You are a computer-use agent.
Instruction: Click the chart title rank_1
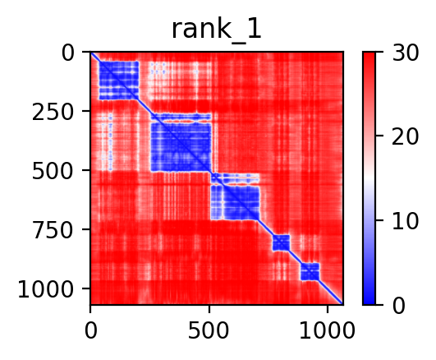[216, 30]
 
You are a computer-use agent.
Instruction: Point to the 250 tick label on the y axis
[53, 113]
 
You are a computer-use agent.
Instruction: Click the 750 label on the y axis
[53, 231]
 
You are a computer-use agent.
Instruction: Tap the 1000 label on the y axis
[46, 290]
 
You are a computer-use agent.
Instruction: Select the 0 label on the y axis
[67, 53]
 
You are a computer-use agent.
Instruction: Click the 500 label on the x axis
[209, 330]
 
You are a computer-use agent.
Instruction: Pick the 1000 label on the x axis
[328, 330]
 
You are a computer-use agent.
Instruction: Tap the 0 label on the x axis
[91, 330]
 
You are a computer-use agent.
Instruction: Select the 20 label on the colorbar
[405, 137]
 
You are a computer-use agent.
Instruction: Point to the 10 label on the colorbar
[405, 222]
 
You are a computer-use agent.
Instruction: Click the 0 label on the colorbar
[398, 306]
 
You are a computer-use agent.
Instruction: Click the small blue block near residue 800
[281, 242]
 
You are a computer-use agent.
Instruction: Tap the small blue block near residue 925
[310, 271]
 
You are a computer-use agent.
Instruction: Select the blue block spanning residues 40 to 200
[119, 81]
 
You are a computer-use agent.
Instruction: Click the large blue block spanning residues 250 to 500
[181, 142]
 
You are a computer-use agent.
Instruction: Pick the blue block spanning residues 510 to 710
[235, 196]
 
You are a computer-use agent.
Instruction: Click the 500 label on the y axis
[53, 172]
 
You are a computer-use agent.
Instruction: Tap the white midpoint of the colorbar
[369, 178]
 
